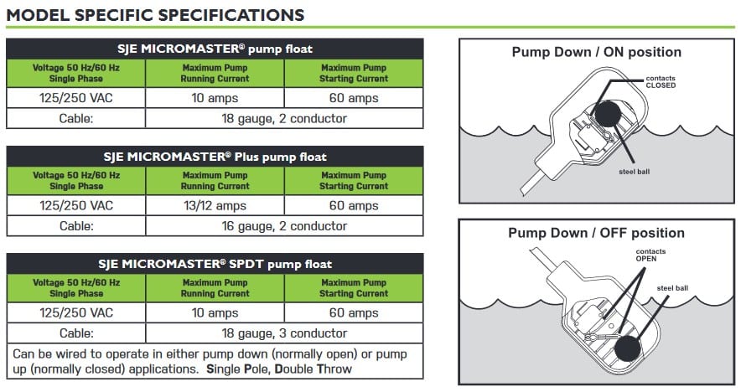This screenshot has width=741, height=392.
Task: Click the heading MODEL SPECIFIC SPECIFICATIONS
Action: pyautogui.click(x=155, y=14)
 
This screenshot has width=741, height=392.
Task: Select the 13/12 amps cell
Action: pyautogui.click(x=215, y=206)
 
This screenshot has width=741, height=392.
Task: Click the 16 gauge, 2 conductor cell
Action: pyautogui.click(x=284, y=226)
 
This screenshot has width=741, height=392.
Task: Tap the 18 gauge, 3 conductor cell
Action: pyautogui.click(x=284, y=333)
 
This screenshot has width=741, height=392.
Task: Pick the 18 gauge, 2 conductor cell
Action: pyautogui.click(x=284, y=119)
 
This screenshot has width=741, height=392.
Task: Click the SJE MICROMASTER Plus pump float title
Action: pyautogui.click(x=215, y=157)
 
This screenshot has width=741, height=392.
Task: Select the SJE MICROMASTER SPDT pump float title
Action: pyautogui.click(x=215, y=264)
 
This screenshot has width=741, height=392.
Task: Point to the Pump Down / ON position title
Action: pyautogui.click(x=596, y=52)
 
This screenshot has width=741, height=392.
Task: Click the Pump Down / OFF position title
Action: pyautogui.click(x=596, y=233)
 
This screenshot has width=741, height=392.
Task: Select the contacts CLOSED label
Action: pyautogui.click(x=661, y=82)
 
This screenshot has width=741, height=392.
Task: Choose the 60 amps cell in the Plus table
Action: pyautogui.click(x=353, y=206)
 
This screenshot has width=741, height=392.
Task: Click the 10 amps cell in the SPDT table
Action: pyautogui.click(x=215, y=313)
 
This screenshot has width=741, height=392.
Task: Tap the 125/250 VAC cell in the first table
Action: pyautogui.click(x=76, y=98)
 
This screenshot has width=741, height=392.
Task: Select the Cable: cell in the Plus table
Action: pyautogui.click(x=76, y=226)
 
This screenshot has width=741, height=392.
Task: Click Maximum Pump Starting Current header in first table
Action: pyautogui.click(x=353, y=74)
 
